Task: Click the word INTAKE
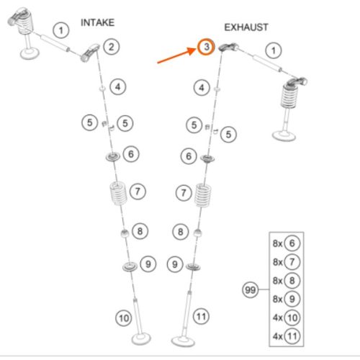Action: click(x=97, y=22)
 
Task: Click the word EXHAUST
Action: click(x=246, y=27)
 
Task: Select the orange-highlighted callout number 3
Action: click(x=207, y=47)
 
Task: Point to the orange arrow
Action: click(x=177, y=55)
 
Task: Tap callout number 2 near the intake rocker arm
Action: click(x=112, y=47)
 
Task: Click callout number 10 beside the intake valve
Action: click(x=124, y=318)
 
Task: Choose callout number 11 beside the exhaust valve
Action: click(x=201, y=317)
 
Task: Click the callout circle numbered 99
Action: click(x=250, y=290)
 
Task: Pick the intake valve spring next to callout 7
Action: click(x=118, y=194)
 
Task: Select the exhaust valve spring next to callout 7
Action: click(x=203, y=195)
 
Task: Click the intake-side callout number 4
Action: click(x=118, y=87)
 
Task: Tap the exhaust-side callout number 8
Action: click(x=181, y=232)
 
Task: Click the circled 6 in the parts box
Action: click(x=292, y=243)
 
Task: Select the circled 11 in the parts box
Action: click(x=292, y=336)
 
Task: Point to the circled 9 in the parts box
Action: click(x=292, y=299)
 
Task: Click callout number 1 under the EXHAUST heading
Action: click(x=274, y=50)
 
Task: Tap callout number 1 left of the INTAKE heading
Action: click(x=61, y=30)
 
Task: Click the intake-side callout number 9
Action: click(x=148, y=264)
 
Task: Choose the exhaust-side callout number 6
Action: click(x=189, y=156)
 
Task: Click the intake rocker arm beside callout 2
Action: click(x=90, y=53)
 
